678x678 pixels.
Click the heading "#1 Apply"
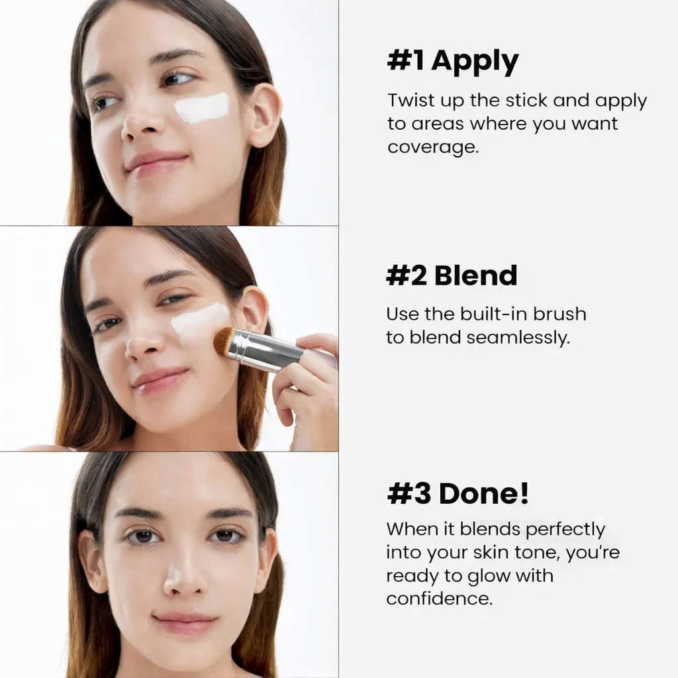(453, 62)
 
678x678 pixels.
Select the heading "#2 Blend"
(452, 276)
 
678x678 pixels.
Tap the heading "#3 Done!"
(458, 494)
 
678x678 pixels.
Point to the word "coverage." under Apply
(432, 148)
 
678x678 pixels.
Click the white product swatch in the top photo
(202, 107)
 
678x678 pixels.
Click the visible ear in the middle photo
(254, 309)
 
